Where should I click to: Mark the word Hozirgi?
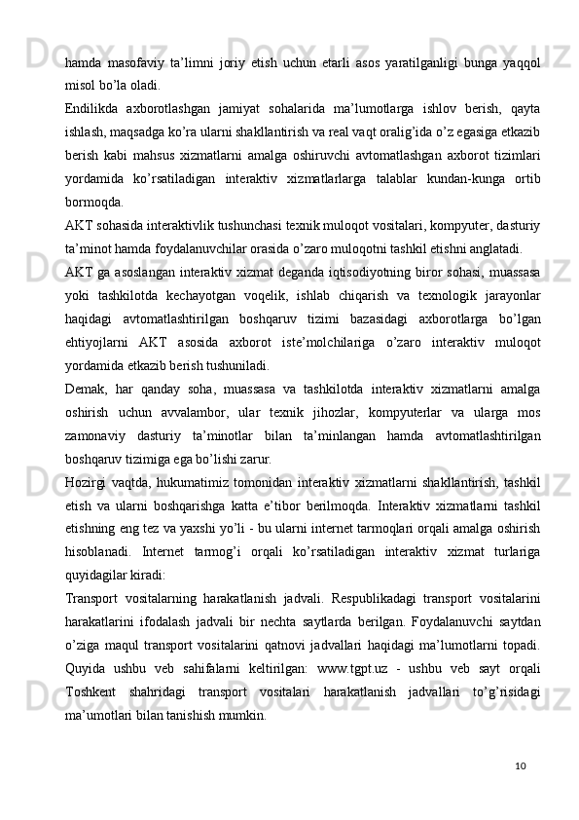(x=88, y=482)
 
